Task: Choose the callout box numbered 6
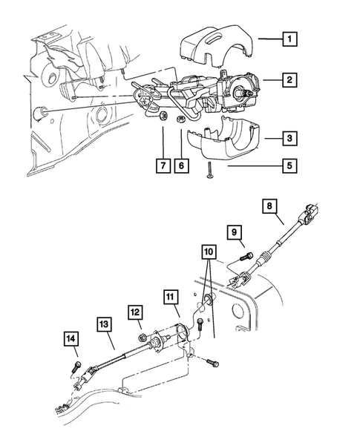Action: (181, 166)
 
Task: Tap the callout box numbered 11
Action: (172, 300)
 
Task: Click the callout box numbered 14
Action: (71, 341)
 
